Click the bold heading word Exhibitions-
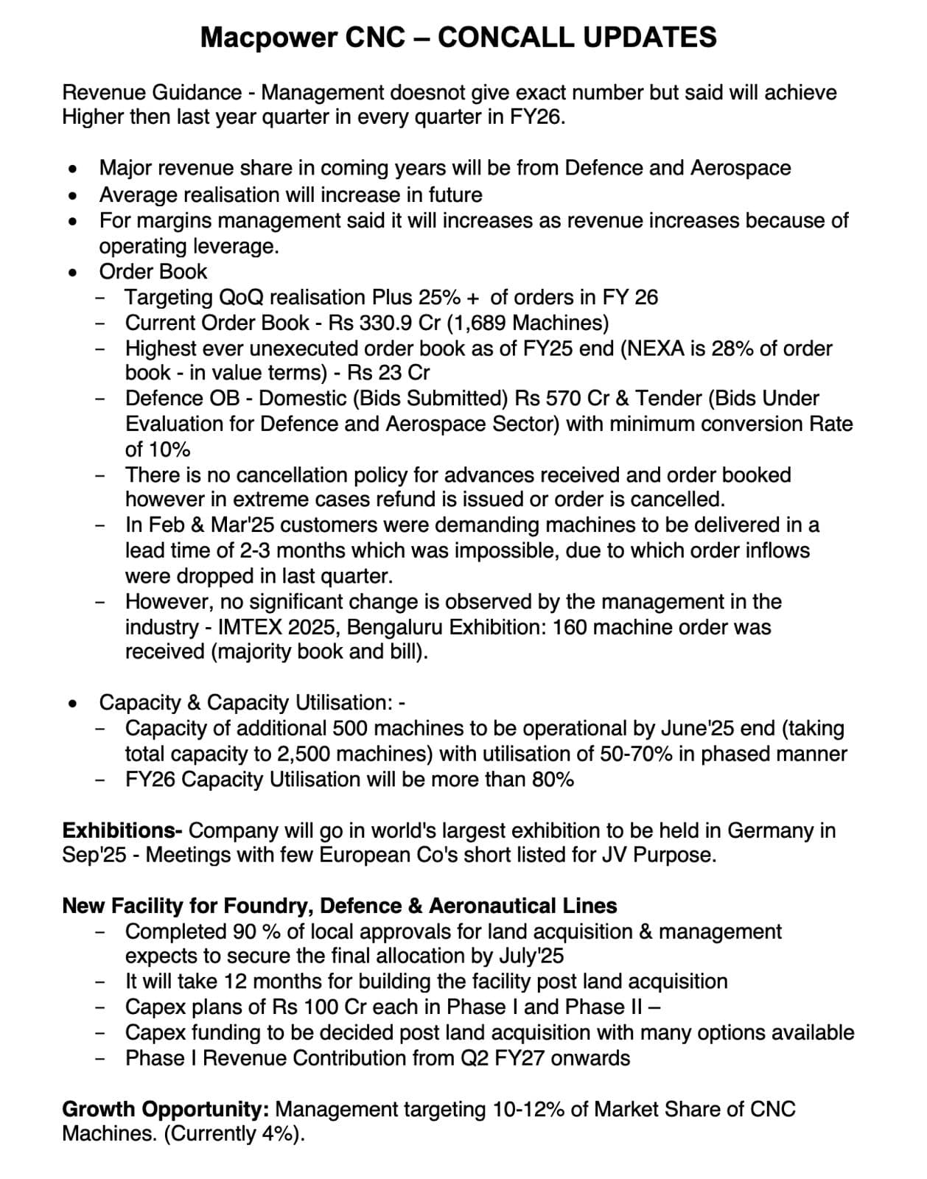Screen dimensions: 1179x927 tap(122, 830)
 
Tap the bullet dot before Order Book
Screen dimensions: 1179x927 tap(72, 272)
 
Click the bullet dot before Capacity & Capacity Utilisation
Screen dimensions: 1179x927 tap(72, 703)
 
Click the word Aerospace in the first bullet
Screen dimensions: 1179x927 tap(741, 168)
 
